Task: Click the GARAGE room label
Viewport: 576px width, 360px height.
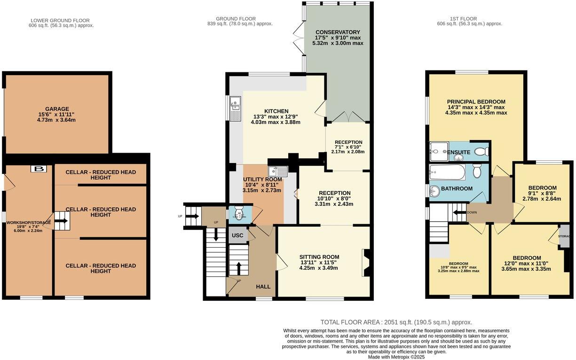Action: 57,109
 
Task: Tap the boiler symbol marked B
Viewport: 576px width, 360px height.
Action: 39,169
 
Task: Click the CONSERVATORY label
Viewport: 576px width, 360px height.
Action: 338,32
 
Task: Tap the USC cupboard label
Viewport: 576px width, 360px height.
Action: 237,235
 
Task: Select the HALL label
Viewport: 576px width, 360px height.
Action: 263,286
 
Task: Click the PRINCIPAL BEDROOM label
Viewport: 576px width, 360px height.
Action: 476,102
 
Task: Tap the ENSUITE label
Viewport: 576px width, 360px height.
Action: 458,152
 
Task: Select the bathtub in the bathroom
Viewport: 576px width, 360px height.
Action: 447,172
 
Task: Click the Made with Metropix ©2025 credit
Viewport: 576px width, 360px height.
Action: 396,357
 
